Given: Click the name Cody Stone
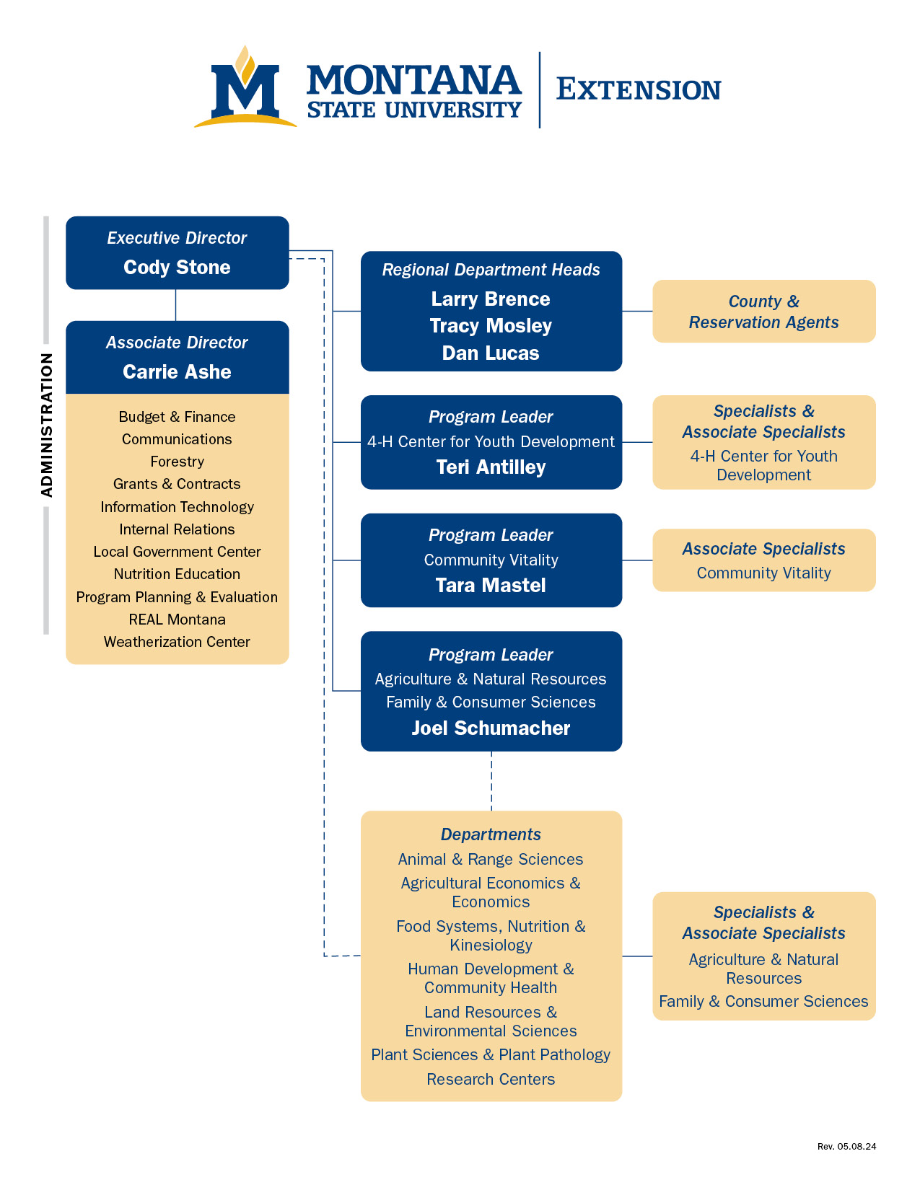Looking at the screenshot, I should [177, 268].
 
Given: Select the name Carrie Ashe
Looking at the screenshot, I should [177, 372].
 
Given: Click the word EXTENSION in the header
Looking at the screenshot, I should [639, 90].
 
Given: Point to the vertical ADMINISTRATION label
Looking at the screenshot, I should [47, 426].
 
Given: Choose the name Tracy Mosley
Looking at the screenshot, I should [491, 326].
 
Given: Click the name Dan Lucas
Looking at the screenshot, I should [491, 353].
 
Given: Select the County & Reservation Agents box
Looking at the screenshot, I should [763, 312].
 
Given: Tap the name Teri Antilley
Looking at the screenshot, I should [491, 467].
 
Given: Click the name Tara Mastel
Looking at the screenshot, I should [491, 586].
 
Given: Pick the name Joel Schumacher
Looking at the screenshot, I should [491, 728].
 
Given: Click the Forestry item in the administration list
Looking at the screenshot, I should [177, 462].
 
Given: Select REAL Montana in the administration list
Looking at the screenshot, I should [177, 620].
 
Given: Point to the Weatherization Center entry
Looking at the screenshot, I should [177, 642].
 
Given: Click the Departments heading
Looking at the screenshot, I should [491, 834].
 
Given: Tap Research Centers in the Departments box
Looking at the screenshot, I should [491, 1080].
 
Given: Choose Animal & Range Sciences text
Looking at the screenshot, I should [491, 860].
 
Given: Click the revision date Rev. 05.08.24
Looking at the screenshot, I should [846, 1146].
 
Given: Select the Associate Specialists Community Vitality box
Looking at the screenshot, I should [763, 560].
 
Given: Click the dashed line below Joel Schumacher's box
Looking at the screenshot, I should [491, 781].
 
